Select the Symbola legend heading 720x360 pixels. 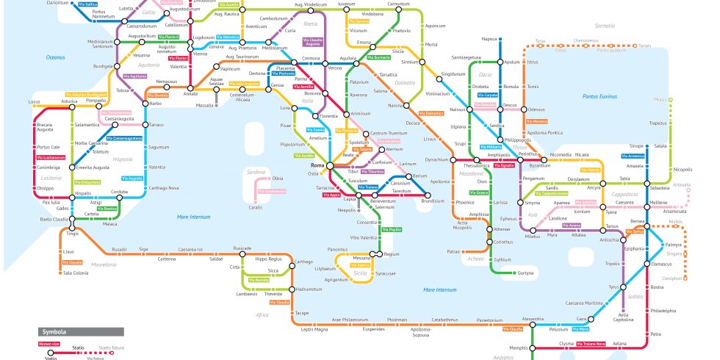(x=54, y=331)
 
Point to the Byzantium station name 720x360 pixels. (x=540, y=166)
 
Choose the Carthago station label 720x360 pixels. (x=304, y=262)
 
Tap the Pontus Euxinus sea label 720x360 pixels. (x=600, y=96)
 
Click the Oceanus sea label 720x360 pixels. (x=56, y=57)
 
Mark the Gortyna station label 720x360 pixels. (x=525, y=273)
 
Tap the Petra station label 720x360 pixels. (x=655, y=334)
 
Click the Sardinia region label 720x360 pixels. (x=256, y=171)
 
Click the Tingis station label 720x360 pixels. (x=72, y=234)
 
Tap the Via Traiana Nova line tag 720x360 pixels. (x=591, y=343)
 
